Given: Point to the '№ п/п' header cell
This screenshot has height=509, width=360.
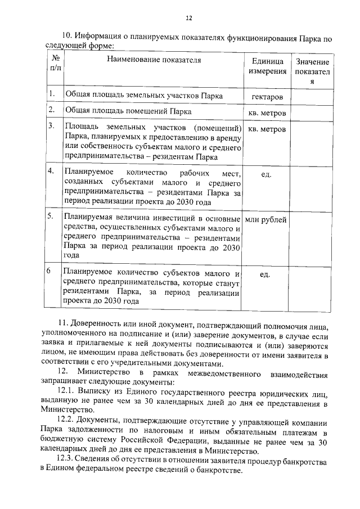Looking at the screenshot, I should coord(56,62).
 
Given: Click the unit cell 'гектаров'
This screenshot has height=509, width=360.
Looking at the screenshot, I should coord(267,97).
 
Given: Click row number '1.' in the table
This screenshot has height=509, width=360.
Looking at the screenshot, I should coord(51,94).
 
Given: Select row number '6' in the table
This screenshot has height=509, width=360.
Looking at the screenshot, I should coord(50,271).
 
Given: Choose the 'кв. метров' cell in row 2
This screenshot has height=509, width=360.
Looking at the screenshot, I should coord(267,112).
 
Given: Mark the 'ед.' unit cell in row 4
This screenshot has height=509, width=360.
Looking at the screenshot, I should coord(267,174).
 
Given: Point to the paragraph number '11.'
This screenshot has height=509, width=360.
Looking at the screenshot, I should coord(64,323).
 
